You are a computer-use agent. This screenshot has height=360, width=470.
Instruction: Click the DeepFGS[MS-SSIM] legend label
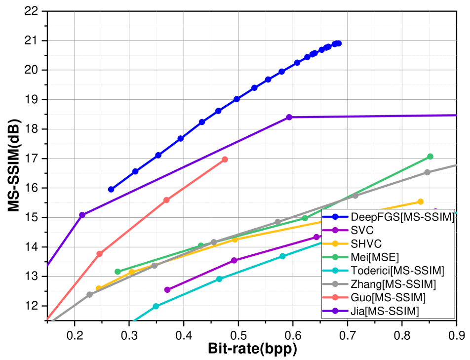402,217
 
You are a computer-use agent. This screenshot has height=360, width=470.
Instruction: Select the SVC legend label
362,230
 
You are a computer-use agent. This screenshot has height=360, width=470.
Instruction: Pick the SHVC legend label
366,243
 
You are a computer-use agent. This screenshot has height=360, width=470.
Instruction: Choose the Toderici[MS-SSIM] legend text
397,270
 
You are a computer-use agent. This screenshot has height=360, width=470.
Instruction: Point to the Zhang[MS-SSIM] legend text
393,284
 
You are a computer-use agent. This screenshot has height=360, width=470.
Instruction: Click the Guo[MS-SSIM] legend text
388,297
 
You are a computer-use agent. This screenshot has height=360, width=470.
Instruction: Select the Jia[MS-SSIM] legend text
385,311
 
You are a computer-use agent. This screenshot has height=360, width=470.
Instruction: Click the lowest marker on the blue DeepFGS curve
111,189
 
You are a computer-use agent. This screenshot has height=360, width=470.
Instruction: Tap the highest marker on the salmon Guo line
225,160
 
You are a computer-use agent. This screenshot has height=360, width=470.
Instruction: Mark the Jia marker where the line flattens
289,117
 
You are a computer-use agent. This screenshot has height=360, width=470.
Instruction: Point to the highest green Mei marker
430,156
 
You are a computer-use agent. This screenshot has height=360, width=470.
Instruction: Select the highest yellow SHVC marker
421,201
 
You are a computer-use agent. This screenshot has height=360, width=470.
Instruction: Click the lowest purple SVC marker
167,290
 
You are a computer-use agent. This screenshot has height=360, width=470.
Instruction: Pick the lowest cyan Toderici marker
156,306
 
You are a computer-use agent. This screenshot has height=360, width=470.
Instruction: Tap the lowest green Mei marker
117,272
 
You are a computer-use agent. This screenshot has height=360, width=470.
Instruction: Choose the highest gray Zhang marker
428,172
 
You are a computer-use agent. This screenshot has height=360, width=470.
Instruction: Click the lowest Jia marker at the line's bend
82,214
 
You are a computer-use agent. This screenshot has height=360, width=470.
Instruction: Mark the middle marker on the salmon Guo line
166,200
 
